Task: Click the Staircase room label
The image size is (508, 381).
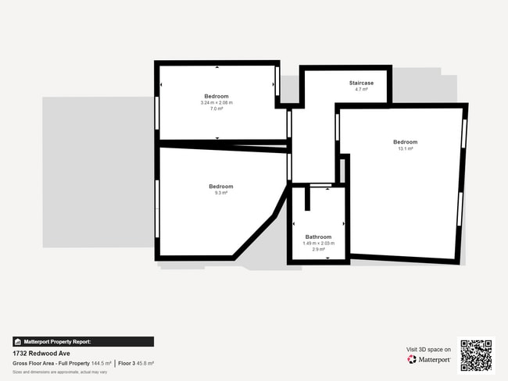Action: click(x=361, y=83)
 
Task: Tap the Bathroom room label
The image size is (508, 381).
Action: click(x=318, y=237)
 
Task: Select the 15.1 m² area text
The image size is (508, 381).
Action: click(x=406, y=148)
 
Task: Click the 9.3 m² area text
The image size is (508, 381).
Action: click(x=220, y=193)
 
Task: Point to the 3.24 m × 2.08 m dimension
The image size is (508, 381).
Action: click(x=216, y=102)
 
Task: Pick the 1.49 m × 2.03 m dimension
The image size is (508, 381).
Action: click(x=318, y=243)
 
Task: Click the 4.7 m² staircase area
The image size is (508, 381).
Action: click(x=361, y=89)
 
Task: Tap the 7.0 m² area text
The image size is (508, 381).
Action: click(x=216, y=109)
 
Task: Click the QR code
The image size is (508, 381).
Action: click(x=476, y=355)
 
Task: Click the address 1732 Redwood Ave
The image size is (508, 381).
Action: click(x=38, y=353)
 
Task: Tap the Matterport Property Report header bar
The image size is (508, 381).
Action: click(x=83, y=341)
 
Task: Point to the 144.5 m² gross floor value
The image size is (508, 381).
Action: click(x=101, y=364)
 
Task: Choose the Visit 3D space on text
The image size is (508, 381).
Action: click(x=428, y=350)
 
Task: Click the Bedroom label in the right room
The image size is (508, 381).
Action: click(x=405, y=142)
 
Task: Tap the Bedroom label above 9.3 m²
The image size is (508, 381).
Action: click(x=220, y=187)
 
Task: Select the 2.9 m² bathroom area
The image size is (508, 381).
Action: click(x=318, y=249)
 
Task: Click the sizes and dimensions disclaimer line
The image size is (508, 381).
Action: click(x=59, y=372)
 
